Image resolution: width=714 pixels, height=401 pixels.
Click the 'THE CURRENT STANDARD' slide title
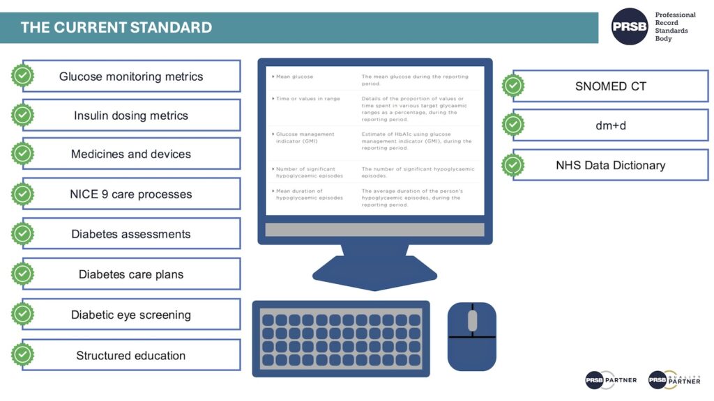(x=116, y=28)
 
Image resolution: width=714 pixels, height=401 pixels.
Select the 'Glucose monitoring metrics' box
(x=131, y=77)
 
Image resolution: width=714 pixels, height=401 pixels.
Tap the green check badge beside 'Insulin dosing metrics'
(x=23, y=116)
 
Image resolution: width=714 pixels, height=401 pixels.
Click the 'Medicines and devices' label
(x=131, y=154)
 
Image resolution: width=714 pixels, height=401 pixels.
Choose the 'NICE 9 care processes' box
(x=131, y=194)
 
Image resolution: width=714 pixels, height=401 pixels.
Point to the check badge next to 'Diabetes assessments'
(x=23, y=234)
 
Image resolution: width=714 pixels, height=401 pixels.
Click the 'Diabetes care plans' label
(x=131, y=274)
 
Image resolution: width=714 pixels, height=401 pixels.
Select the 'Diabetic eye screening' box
(x=131, y=315)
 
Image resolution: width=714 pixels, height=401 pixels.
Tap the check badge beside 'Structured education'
(x=23, y=355)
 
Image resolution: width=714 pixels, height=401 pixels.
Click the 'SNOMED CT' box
(x=610, y=86)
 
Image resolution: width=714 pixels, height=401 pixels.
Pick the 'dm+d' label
(x=610, y=126)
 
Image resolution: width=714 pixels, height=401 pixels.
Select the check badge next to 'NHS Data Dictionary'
(x=513, y=165)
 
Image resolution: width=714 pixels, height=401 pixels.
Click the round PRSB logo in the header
(x=629, y=26)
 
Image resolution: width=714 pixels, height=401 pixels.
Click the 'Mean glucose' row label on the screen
(x=294, y=77)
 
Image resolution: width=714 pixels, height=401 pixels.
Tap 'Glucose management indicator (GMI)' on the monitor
(x=305, y=137)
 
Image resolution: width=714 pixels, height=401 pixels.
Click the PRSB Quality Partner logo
(x=674, y=380)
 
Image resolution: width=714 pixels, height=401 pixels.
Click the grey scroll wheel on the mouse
(x=472, y=320)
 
